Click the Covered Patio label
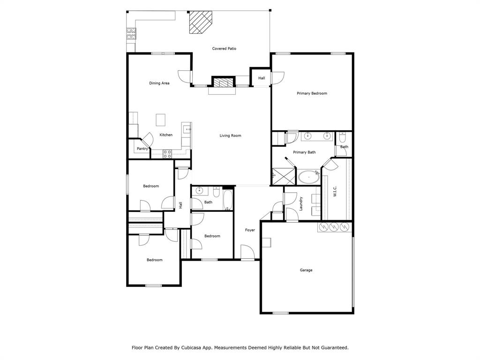pos(224,49)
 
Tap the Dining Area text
pos(159,83)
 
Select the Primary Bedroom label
pos(312,93)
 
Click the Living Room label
pos(230,136)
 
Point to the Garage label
pos(306,270)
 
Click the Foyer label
pos(250,230)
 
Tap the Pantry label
pos(142,149)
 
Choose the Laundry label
pos(301,203)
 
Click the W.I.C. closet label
pos(335,191)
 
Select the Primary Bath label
pos(304,152)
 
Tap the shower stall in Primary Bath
pos(283,176)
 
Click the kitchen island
pos(161,120)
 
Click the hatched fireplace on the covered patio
pos(200,22)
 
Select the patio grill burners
pos(130,34)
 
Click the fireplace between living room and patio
pos(223,82)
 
